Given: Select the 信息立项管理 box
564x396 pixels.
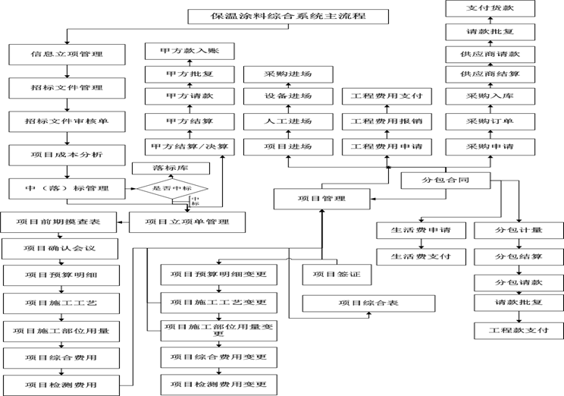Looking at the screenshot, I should (x=67, y=55).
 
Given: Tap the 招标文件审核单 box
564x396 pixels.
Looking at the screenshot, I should (x=67, y=121).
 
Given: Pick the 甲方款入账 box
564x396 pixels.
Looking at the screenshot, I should (x=190, y=52).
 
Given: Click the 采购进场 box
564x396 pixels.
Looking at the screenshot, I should (x=288, y=74).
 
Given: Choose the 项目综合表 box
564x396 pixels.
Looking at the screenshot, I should (x=369, y=303).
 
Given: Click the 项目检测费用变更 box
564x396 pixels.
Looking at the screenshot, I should (x=218, y=384).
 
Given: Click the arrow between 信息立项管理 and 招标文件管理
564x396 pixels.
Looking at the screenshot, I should (x=67, y=71).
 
